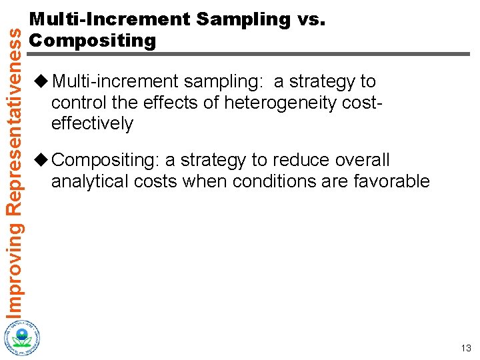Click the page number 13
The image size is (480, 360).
coord(465,348)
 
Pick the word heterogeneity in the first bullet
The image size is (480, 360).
coord(283,103)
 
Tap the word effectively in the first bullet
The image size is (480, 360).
coord(92,124)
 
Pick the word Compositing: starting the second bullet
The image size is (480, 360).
coord(106,160)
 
